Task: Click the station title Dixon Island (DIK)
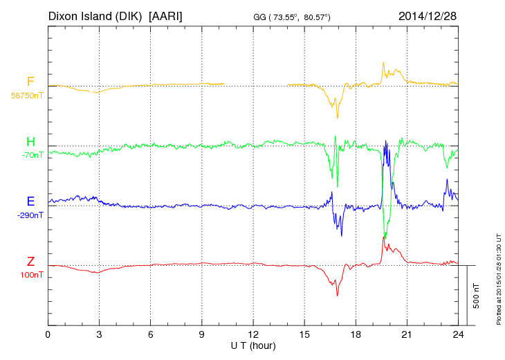pos(96,15)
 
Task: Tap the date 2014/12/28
pos(428,15)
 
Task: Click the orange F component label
pos(30,82)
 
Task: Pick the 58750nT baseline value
pos(27,96)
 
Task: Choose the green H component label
pos(30,142)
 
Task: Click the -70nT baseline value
pos(32,155)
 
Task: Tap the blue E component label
pos(30,201)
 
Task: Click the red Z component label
pos(30,262)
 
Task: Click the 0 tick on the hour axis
pos(48,334)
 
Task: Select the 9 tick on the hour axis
pos(202,334)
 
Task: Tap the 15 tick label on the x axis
pos(304,334)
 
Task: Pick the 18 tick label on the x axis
pos(356,334)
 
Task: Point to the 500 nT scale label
pos(477,296)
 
